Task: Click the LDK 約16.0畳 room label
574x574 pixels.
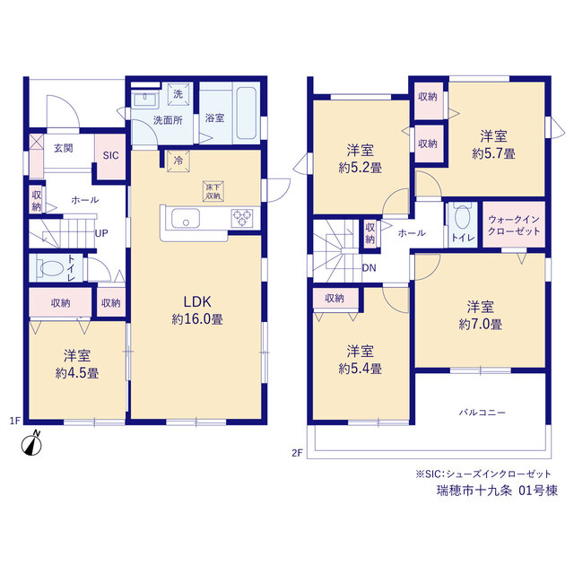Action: pos(197,310)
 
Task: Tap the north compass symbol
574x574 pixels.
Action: pos(31,444)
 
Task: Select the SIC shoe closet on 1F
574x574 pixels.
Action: pos(110,156)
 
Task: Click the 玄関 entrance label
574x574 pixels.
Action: pos(64,148)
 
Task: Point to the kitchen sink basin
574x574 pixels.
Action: pos(186,218)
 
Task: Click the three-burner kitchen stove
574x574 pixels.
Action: pos(242,218)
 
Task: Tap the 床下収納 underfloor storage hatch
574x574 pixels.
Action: pos(213,191)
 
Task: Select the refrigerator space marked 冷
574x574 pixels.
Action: pos(178,161)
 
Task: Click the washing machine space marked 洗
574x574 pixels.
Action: pos(178,94)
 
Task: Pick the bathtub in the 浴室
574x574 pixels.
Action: pos(246,113)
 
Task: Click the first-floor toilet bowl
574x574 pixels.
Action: pos(52,268)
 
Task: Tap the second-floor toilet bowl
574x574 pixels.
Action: pos(463,217)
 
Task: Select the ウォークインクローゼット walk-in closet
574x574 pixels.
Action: pos(514,225)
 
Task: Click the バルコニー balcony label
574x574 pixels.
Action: pos(483,413)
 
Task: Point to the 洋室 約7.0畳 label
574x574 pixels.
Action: pos(481,315)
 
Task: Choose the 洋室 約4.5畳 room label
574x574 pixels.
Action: pos(77,364)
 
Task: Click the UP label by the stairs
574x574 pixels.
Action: pos(101,233)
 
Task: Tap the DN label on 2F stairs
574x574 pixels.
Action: pos(369,268)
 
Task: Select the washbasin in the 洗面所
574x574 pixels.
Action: pos(145,100)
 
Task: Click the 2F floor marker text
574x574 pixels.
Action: pos(297,453)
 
